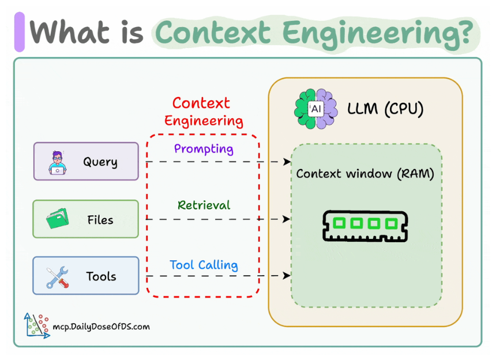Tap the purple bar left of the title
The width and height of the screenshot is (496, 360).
click(x=19, y=32)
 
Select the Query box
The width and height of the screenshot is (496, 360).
click(x=86, y=162)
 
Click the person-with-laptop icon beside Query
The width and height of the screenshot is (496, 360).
click(x=58, y=162)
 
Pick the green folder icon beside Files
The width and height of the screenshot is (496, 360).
click(x=58, y=219)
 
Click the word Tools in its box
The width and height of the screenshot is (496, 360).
click(x=101, y=276)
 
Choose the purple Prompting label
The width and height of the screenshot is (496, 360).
click(x=204, y=148)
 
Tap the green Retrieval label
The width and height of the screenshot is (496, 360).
click(x=204, y=205)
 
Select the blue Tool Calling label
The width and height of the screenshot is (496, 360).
click(x=204, y=265)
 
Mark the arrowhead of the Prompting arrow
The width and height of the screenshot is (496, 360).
click(x=287, y=162)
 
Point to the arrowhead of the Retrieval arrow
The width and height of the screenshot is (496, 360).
click(x=287, y=219)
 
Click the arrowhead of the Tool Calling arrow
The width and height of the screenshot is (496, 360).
click(x=287, y=276)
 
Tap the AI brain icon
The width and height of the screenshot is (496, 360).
click(x=315, y=108)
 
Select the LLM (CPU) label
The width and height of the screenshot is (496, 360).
click(x=385, y=108)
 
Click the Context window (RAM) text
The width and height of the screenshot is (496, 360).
click(x=365, y=173)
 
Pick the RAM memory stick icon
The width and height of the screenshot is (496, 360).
click(x=365, y=224)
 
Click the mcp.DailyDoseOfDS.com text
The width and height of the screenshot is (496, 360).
click(x=101, y=327)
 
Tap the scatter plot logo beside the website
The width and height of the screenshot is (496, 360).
click(x=36, y=325)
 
